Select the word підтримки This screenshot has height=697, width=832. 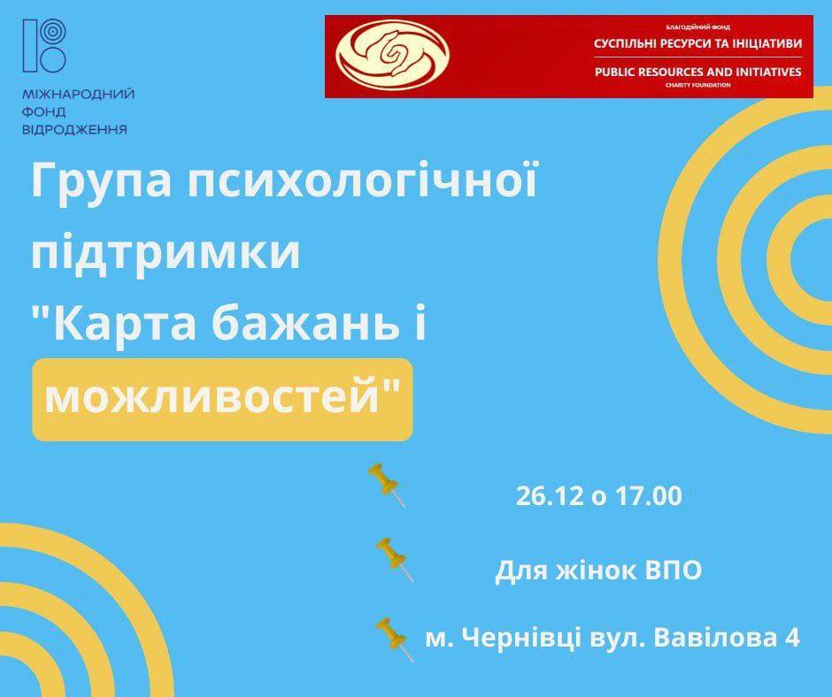[x=166, y=252]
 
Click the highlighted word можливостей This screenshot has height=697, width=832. [x=212, y=397]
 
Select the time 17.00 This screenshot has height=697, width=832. [x=649, y=496]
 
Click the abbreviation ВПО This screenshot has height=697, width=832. [x=674, y=571]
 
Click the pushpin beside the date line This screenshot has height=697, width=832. [x=388, y=485]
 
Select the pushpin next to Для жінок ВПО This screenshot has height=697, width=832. [x=395, y=559]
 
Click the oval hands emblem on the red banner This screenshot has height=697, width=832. [x=393, y=57]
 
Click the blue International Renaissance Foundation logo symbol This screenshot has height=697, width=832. [x=44, y=46]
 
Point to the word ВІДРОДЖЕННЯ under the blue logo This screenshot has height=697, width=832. [x=75, y=129]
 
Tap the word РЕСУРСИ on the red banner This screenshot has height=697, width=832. [x=686, y=43]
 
